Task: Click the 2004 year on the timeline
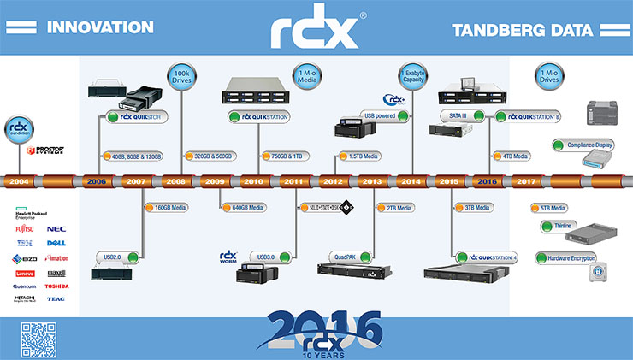18,181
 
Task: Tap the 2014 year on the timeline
411,181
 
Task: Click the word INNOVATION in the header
100,27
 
